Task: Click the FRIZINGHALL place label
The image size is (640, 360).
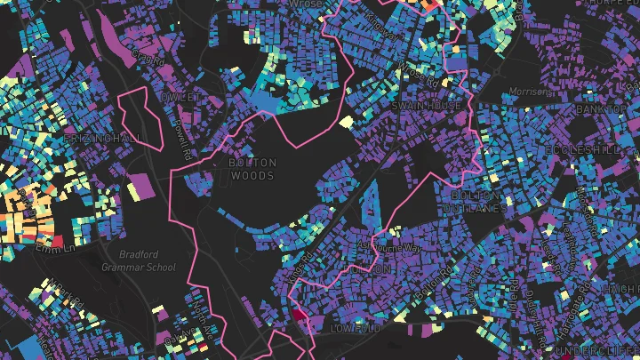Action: [x=103, y=140]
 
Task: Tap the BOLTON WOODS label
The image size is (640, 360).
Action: [x=253, y=169]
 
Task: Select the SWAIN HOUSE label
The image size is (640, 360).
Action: [x=432, y=106]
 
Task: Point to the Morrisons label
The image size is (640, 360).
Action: [x=531, y=92]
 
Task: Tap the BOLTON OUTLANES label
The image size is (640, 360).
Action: [x=477, y=201]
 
